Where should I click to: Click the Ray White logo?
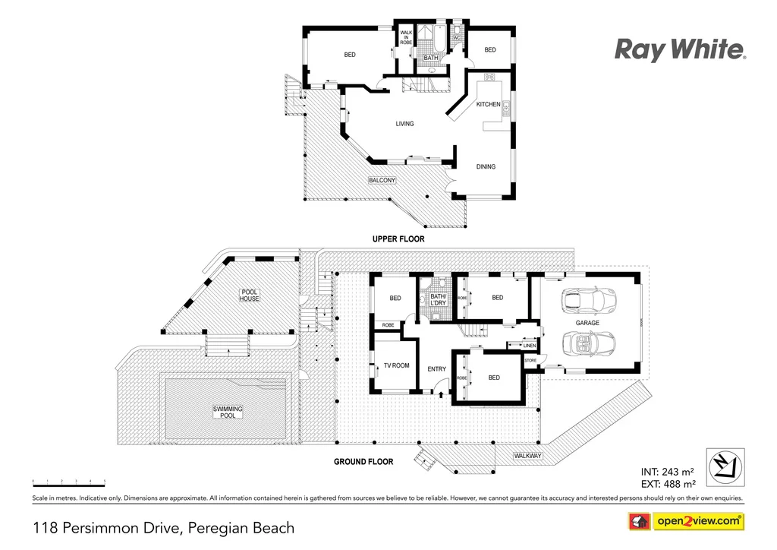[680, 50]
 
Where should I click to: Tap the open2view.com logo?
[686, 521]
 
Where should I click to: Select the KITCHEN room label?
[488, 104]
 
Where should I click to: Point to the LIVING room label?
[404, 124]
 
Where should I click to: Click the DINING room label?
[486, 166]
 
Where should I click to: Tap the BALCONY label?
[382, 180]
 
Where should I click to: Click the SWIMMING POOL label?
[228, 412]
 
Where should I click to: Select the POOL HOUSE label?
[250, 296]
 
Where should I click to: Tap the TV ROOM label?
[396, 365]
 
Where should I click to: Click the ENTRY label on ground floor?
[437, 369]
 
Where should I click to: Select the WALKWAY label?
[528, 456]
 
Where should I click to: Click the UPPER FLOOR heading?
[398, 239]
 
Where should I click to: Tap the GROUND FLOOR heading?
[363, 461]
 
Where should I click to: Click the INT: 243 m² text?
[668, 472]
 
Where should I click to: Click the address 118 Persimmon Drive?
[162, 527]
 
